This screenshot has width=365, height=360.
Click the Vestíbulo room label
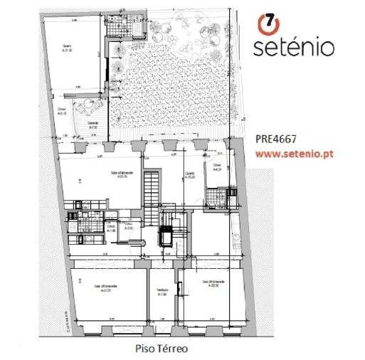click(162, 292)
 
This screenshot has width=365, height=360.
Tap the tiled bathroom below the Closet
click(214, 196)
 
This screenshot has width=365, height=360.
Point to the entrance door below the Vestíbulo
click(162, 329)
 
